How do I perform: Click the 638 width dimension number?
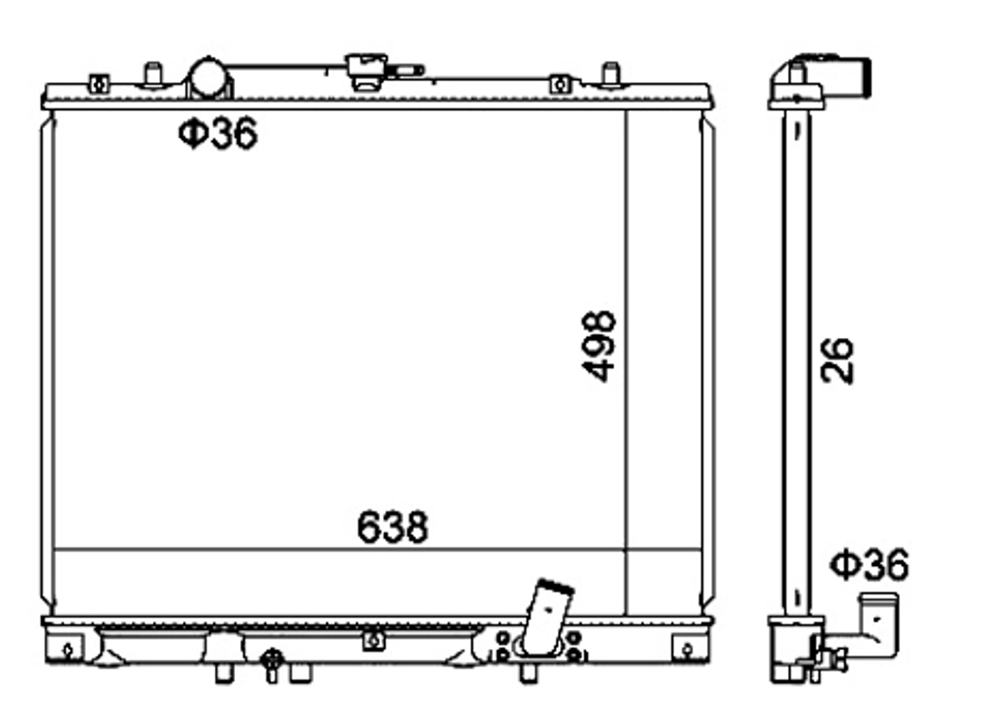[392, 527]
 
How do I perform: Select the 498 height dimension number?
[598, 347]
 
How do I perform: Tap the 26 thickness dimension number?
[837, 361]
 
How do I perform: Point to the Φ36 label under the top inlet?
[218, 133]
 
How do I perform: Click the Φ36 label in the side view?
[870, 564]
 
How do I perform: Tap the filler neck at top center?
[366, 71]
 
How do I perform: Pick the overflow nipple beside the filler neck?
[406, 71]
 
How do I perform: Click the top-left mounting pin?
[153, 74]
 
